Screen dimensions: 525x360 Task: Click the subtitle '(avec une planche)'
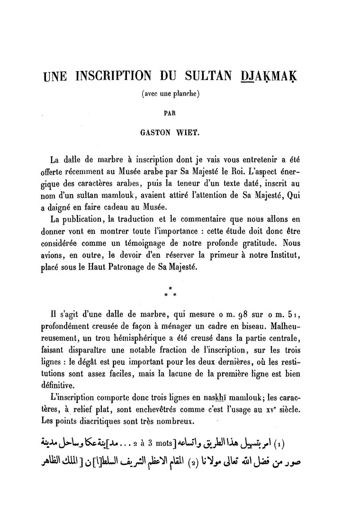pos(171,94)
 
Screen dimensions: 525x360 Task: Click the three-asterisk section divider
pos(171,292)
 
